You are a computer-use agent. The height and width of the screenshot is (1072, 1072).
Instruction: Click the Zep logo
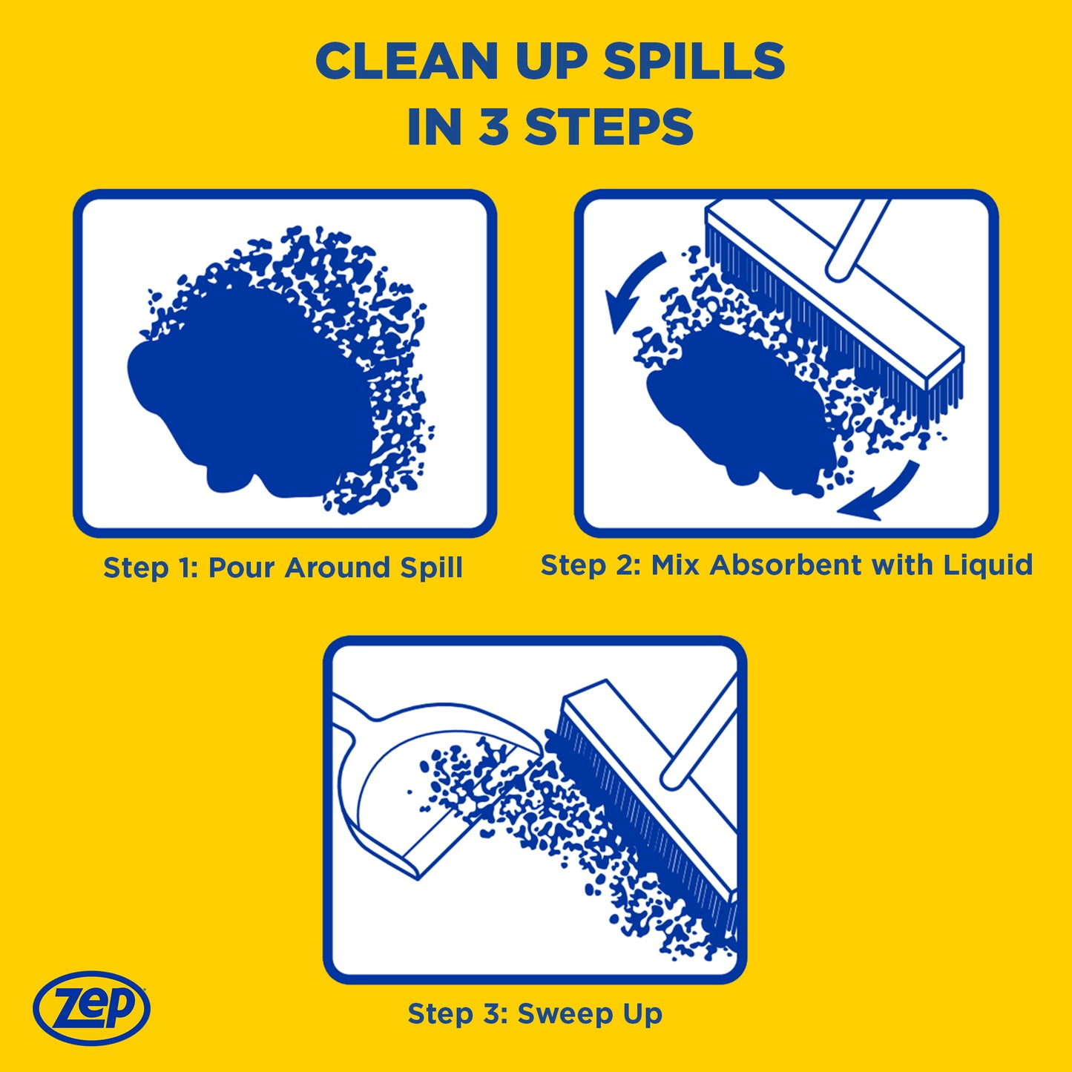[x=91, y=1007]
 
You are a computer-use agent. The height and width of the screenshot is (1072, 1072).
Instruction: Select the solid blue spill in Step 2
[x=734, y=408]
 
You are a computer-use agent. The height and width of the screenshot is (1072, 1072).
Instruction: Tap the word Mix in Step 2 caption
[x=675, y=565]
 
